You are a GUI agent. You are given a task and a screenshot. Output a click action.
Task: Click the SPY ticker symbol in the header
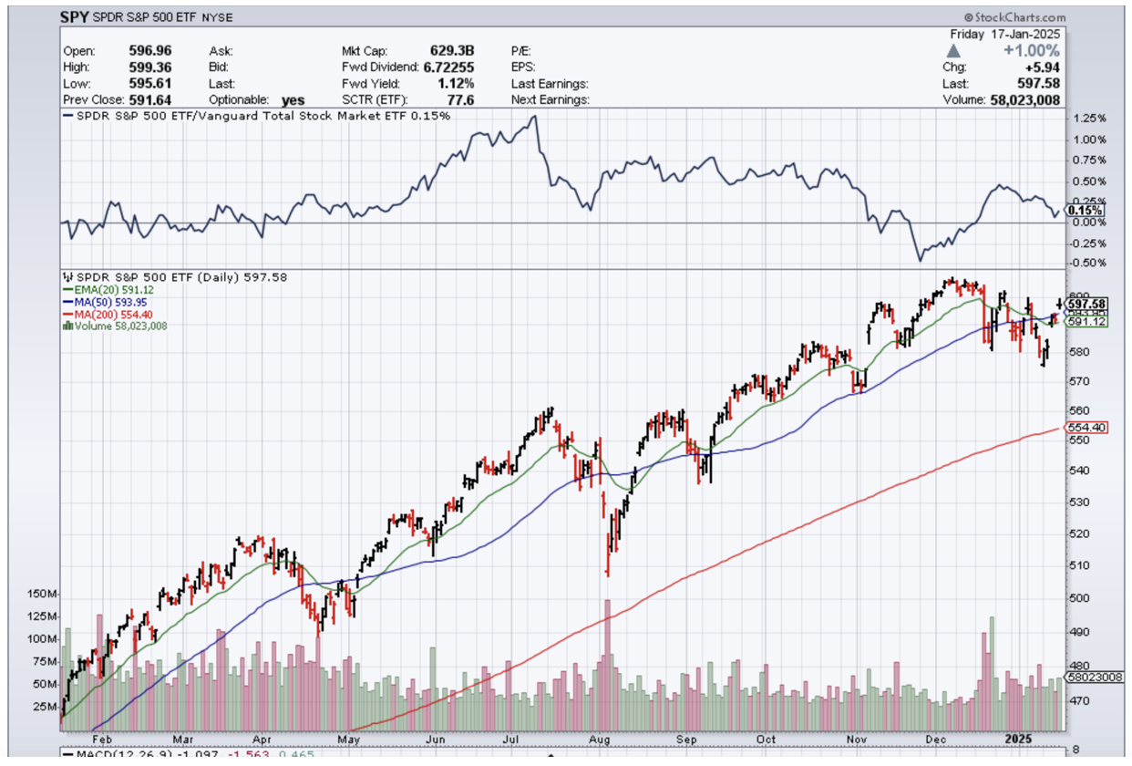click(x=76, y=16)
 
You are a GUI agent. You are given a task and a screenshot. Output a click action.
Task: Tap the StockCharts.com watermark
click(x=1014, y=18)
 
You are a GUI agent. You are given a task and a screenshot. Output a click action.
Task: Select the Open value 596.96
click(x=150, y=50)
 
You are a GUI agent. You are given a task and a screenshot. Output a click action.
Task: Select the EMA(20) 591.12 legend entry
click(x=107, y=289)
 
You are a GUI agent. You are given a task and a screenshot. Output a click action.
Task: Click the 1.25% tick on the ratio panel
click(x=1089, y=119)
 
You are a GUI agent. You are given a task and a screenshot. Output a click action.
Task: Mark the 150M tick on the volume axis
click(x=44, y=594)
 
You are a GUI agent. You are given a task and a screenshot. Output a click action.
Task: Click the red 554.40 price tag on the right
click(x=1087, y=428)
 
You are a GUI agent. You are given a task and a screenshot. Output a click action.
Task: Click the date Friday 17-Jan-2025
click(x=1004, y=33)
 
